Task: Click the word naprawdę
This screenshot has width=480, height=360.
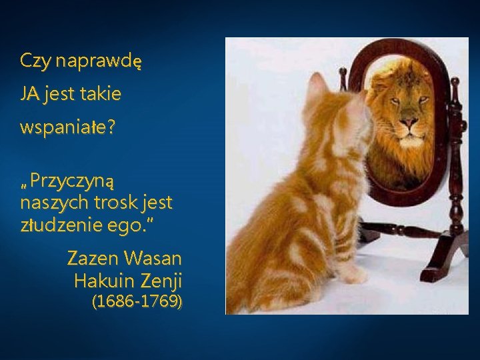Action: tap(99, 62)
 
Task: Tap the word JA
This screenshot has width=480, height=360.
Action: tap(29, 95)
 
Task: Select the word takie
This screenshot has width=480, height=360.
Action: tap(101, 95)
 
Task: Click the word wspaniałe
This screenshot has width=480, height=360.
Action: tap(63, 128)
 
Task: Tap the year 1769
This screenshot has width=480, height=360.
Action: tap(159, 301)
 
